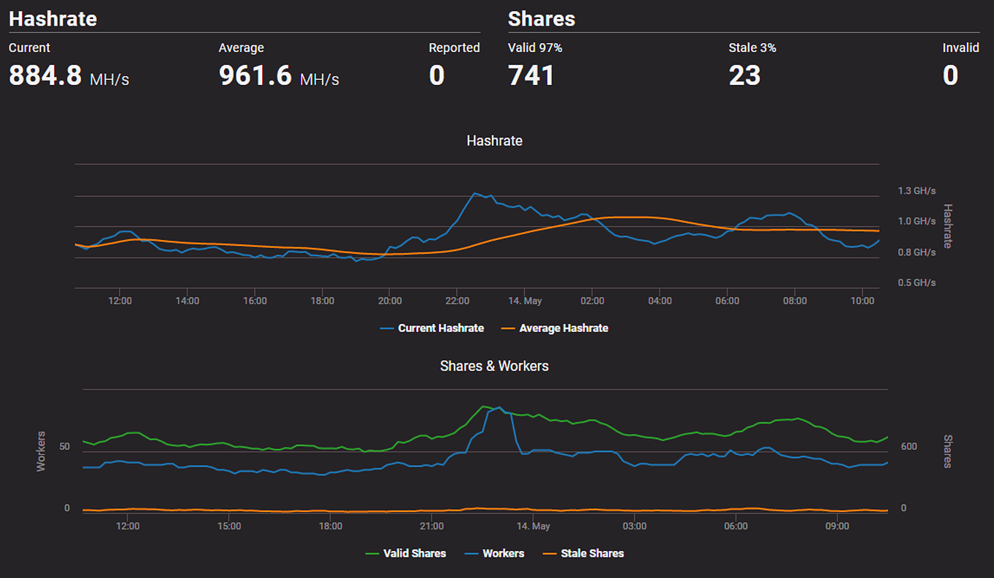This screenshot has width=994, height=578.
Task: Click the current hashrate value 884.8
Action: pos(45,75)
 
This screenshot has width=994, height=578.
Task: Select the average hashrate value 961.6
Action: pos(255,75)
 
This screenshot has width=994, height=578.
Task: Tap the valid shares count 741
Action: pos(531,75)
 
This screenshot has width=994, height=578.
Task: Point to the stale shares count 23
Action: pos(744,75)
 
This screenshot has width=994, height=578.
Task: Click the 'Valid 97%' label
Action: pos(535,48)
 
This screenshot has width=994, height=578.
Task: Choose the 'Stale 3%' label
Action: pos(752,48)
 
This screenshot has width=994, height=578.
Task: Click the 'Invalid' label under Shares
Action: pos(960,48)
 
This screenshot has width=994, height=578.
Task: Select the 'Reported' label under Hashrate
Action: pos(454,48)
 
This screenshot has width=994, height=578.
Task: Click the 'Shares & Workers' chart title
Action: pos(494,366)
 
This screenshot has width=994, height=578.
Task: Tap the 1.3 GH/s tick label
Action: pos(916,191)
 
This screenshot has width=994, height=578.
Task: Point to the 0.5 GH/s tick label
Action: pos(916,282)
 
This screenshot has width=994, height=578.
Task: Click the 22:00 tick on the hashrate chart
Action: pos(457,301)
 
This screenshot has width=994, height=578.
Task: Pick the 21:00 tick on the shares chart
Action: pos(432,526)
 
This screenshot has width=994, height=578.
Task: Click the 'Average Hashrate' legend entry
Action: pos(563,329)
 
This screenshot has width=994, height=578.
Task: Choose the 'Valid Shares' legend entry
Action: pos(414,554)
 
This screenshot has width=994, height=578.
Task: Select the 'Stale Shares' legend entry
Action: pos(591,554)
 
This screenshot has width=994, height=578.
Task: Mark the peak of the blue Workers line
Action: pos(499,408)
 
